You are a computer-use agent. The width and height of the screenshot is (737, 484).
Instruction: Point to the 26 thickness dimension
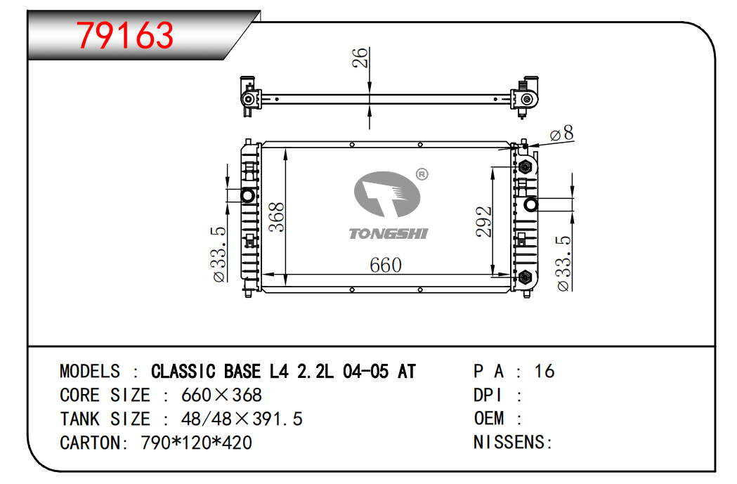pos(360,58)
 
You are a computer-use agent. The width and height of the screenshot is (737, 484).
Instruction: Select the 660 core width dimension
pos(386,265)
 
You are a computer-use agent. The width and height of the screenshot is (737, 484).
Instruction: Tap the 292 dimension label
pos(483,221)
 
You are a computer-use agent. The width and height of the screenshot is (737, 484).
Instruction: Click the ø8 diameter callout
pos(561,133)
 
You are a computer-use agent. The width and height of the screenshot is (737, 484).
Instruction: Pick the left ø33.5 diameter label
pos(219,254)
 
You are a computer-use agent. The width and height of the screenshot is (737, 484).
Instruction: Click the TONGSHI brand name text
pos(389,233)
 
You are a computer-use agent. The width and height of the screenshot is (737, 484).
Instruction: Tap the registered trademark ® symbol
pos(422,175)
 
